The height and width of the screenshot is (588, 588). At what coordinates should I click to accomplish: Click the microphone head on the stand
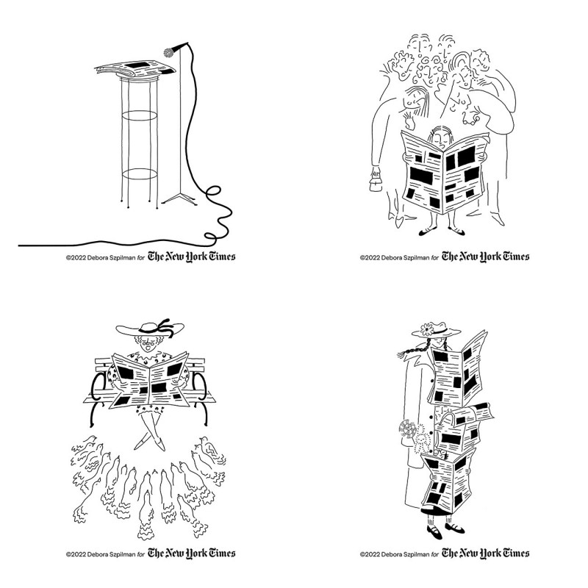click(169, 51)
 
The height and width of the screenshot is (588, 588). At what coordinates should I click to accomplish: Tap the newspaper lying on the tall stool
click(135, 68)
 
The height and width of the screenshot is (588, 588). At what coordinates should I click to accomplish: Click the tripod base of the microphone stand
click(179, 198)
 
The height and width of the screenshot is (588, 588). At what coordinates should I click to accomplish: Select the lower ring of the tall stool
click(140, 174)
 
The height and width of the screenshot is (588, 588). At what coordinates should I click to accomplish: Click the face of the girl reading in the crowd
click(441, 139)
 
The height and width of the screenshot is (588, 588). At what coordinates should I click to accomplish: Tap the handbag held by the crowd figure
click(376, 184)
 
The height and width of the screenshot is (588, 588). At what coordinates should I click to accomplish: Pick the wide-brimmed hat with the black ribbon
click(150, 328)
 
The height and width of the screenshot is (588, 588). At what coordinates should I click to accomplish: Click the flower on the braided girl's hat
click(427, 329)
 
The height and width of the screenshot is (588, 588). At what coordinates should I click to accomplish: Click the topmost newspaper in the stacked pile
click(458, 370)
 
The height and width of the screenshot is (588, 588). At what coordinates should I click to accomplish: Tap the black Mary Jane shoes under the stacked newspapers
click(445, 530)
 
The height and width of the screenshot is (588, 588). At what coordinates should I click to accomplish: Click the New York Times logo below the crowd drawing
click(485, 257)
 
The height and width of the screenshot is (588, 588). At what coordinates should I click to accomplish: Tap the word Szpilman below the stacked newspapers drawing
click(415, 554)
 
